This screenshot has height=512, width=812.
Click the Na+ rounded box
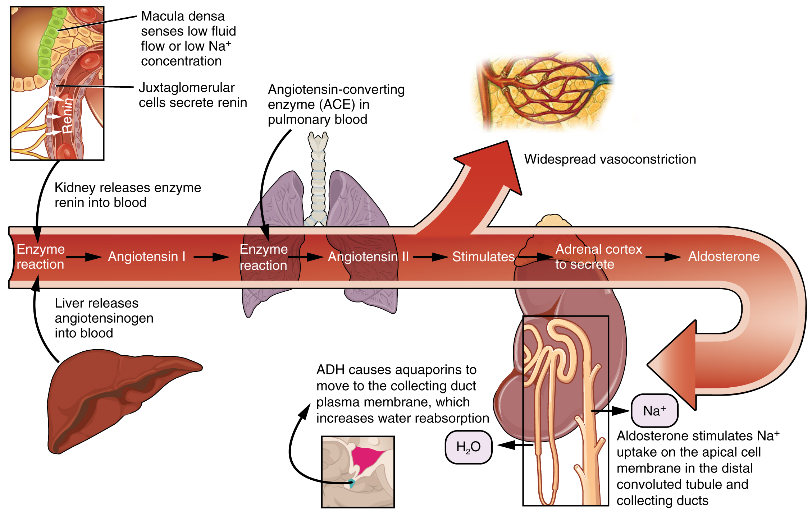[x=654, y=411]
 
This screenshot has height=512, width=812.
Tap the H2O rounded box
[x=468, y=447]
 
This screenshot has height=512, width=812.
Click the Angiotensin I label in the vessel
[x=147, y=257]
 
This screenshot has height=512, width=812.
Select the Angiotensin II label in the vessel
[x=368, y=257]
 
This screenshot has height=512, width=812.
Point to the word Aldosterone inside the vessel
[x=724, y=256]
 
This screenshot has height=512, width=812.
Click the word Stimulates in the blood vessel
[x=483, y=257]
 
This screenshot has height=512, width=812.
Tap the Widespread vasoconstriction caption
[x=610, y=159]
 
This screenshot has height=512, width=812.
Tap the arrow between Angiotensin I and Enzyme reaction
[x=211, y=257]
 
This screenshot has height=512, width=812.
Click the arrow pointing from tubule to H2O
[x=514, y=445]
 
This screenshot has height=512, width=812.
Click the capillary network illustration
[x=543, y=92]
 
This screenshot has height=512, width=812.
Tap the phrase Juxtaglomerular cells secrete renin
[x=193, y=95]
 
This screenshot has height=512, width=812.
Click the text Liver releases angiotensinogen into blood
[x=104, y=318]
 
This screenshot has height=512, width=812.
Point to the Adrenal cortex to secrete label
[x=598, y=257]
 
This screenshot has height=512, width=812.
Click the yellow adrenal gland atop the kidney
[x=552, y=221]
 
